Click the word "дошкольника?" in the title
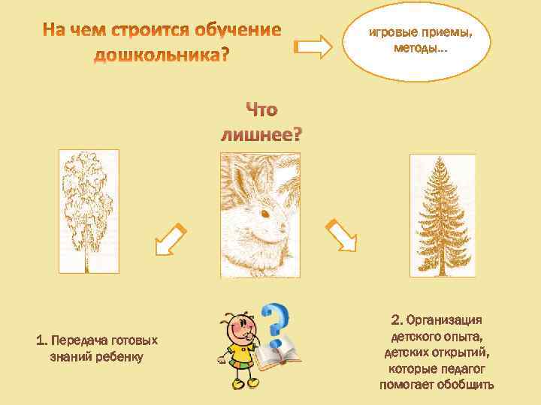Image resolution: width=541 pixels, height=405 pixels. click(162, 56)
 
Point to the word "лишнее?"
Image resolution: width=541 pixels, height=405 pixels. click(261, 135)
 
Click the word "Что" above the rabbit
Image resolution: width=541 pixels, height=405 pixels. click(261, 110)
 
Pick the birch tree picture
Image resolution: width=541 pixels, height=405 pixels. click(88, 212)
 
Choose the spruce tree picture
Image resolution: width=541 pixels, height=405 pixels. click(442, 214)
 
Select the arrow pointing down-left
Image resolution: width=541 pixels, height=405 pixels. click(171, 238)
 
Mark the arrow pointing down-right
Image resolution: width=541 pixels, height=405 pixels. click(341, 236)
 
